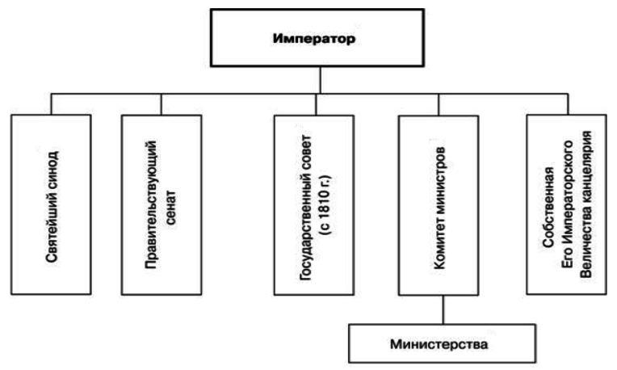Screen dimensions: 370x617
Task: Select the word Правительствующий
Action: [152, 203]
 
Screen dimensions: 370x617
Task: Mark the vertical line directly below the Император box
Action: [321, 79]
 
